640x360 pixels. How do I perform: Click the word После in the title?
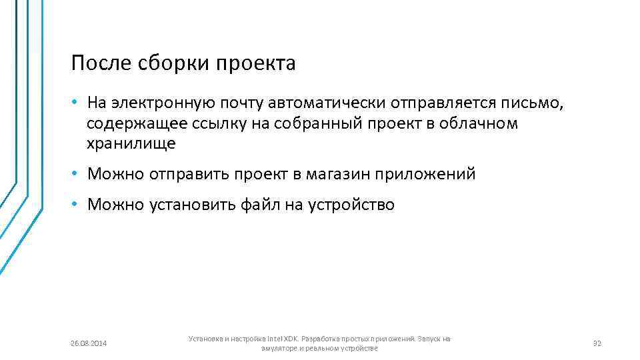(x=98, y=64)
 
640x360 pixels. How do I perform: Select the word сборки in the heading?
(x=169, y=65)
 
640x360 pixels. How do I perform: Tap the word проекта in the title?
(x=255, y=65)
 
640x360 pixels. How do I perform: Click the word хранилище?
(x=131, y=143)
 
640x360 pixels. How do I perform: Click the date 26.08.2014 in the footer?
(x=89, y=343)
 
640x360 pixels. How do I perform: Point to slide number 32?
(x=597, y=343)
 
